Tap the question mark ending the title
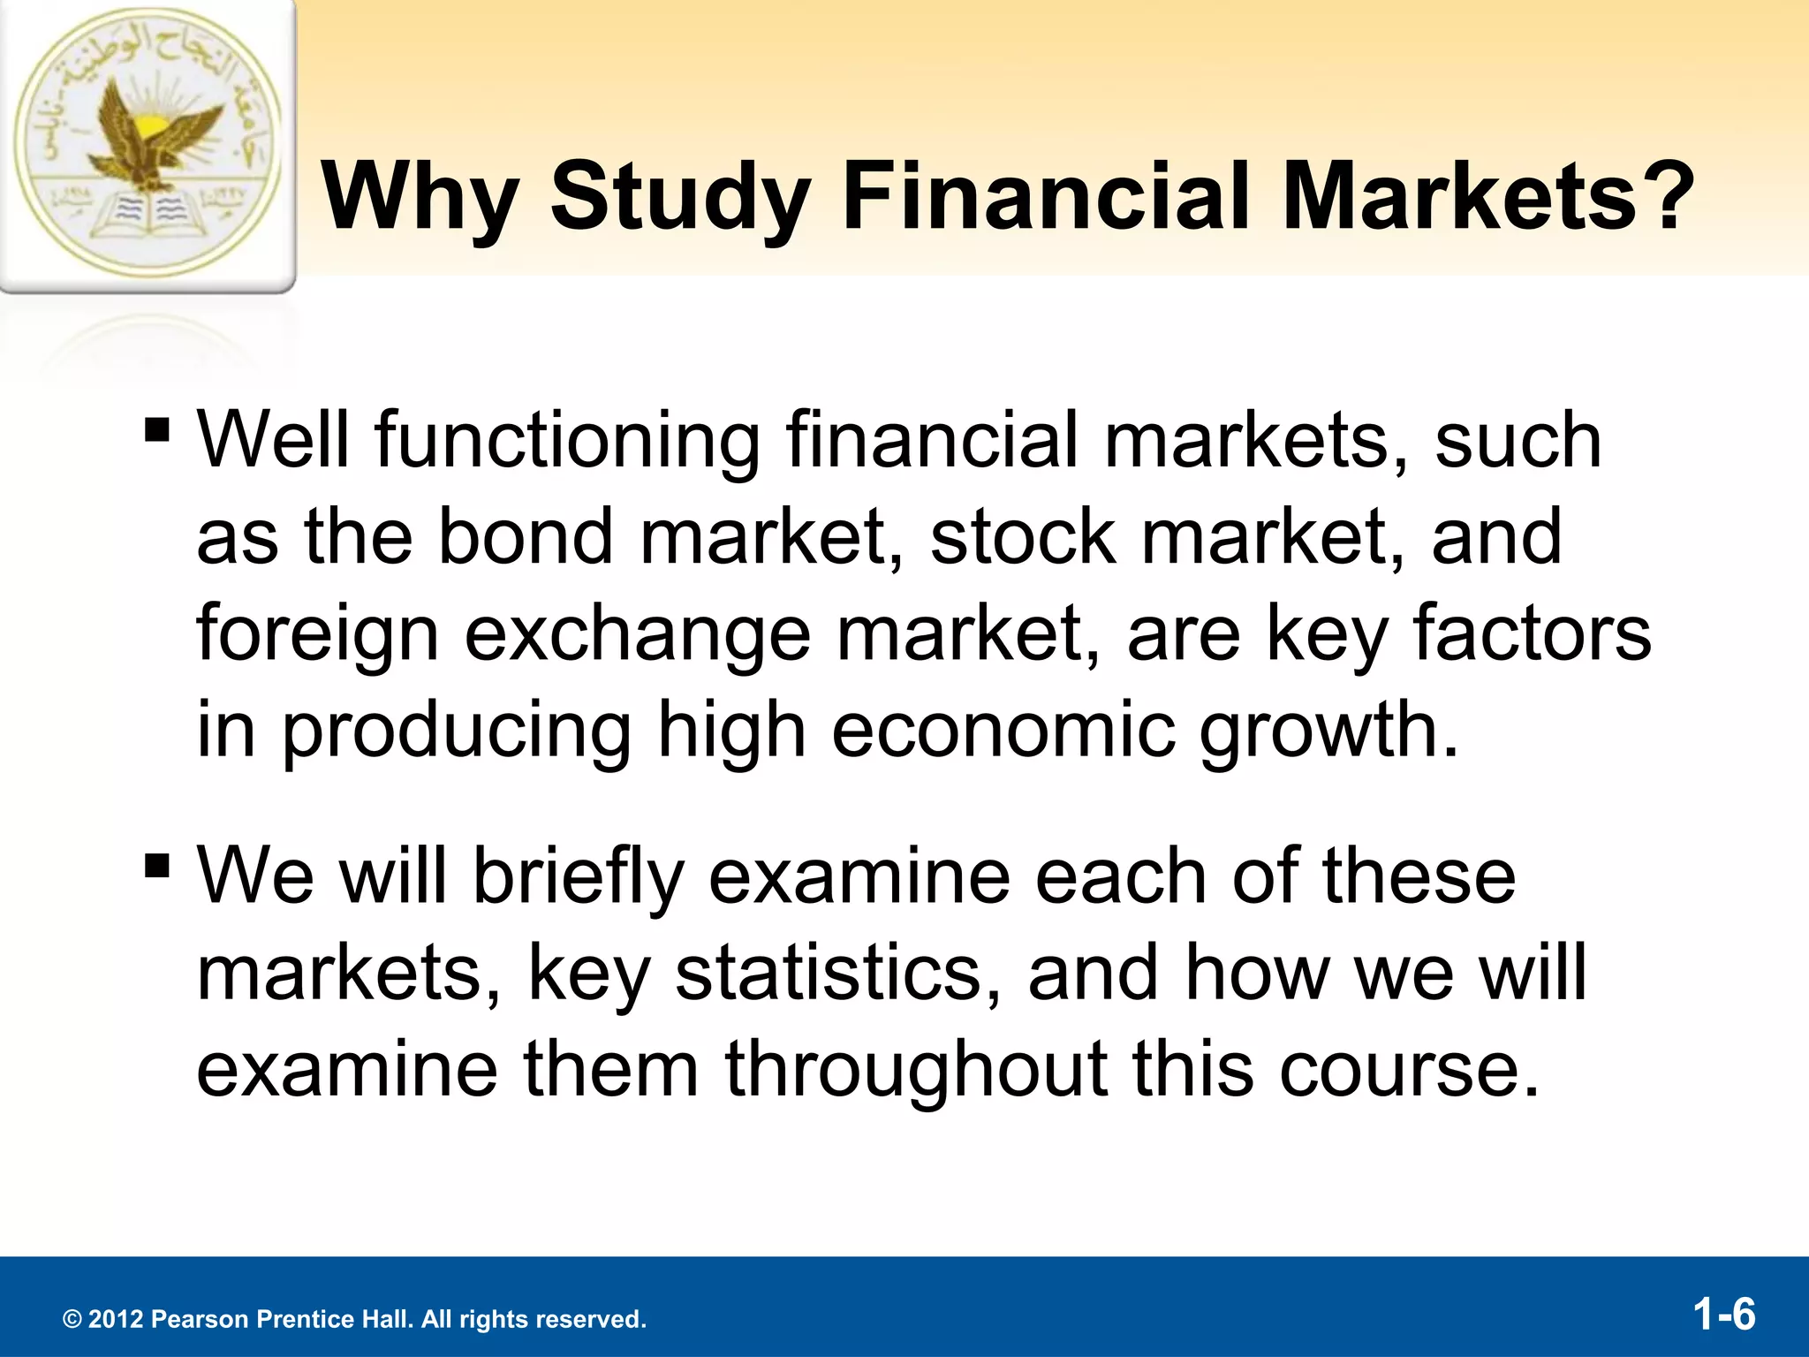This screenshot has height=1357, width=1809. [1663, 196]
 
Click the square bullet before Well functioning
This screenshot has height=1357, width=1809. [157, 431]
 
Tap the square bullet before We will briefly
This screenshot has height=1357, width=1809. [157, 866]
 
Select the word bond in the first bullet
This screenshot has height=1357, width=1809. [526, 536]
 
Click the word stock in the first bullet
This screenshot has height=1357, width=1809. [1023, 536]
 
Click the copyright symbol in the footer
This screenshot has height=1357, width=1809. [72, 1320]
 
